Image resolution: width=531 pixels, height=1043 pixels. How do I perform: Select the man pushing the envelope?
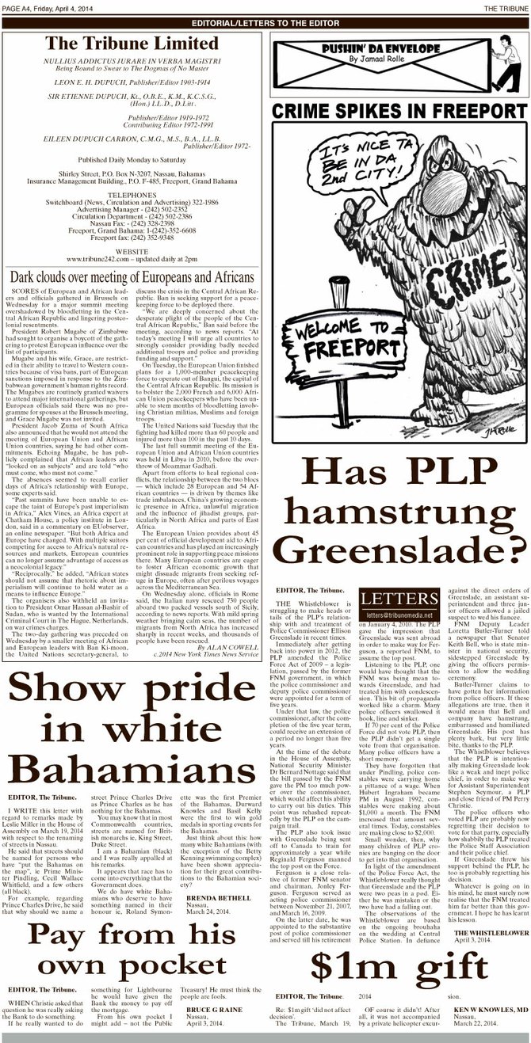(x=512, y=55)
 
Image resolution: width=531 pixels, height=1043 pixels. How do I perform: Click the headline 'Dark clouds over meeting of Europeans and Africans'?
(x=132, y=255)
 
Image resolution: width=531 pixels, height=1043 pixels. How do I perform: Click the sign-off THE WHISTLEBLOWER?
(x=490, y=932)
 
